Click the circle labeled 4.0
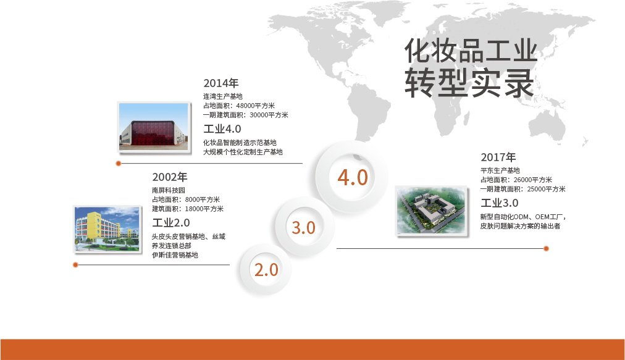coord(353,177)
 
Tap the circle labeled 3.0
coord(304,227)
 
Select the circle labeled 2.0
coord(266,270)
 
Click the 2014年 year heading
coord(221,83)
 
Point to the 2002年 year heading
coord(169,177)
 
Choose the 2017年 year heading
coord(498,157)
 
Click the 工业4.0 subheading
coord(222,129)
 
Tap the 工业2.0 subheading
coord(171,222)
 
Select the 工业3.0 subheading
coord(500,203)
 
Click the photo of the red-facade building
coord(154,127)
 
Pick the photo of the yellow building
coord(107,229)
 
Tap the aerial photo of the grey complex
coord(432,211)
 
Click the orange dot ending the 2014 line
coord(119,164)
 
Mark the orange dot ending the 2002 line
coord(75,265)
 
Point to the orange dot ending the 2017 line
coord(546,248)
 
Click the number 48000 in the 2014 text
coord(245,106)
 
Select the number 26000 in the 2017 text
coord(522,180)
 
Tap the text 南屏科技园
coord(169,190)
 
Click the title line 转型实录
coord(469,83)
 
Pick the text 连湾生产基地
coord(223,96)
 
